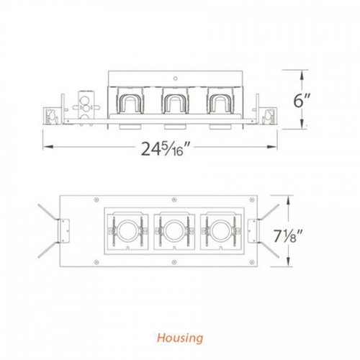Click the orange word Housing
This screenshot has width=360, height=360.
point(181,337)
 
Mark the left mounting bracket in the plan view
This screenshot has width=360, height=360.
point(65,231)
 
